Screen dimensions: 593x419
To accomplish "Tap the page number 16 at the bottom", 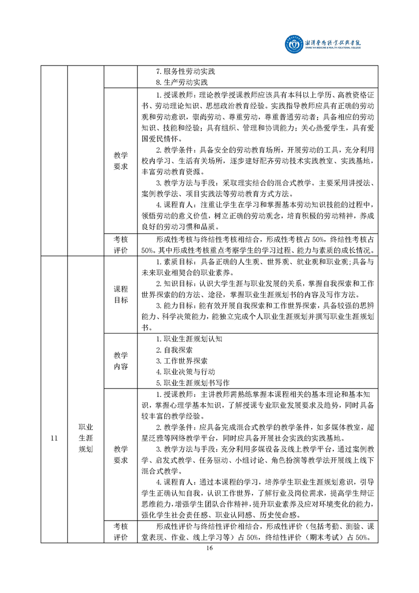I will (210, 548).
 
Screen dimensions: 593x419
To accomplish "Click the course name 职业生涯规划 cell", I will (86, 438).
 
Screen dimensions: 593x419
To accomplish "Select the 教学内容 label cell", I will (121, 361).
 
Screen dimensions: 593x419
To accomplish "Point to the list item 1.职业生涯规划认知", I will (190, 339).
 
